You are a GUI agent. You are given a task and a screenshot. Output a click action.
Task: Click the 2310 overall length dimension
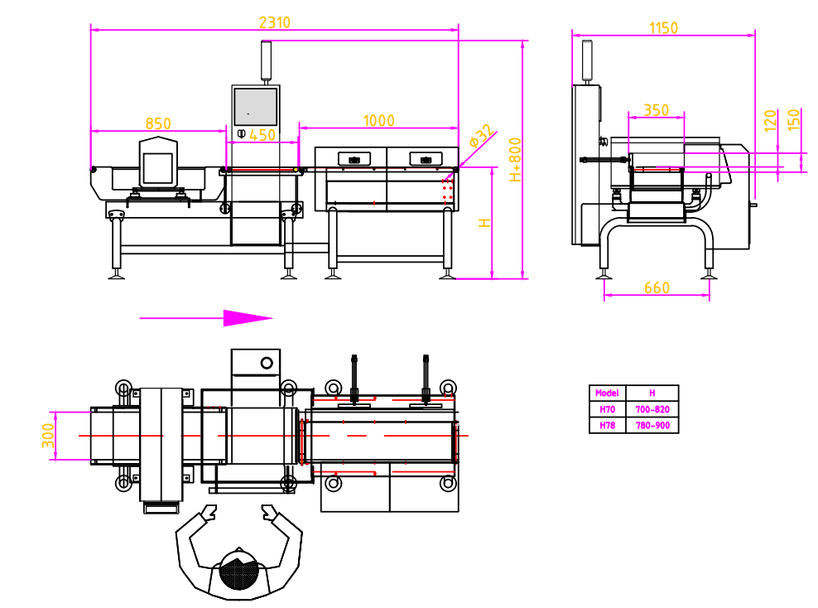[275, 22]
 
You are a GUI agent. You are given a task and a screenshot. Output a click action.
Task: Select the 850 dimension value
[158, 123]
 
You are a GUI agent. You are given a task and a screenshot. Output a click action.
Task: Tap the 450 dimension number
[262, 135]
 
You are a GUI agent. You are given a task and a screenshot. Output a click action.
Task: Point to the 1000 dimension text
[379, 121]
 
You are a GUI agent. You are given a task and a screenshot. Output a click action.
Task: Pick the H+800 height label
[515, 160]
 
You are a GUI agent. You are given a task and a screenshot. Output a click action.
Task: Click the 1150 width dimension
[663, 28]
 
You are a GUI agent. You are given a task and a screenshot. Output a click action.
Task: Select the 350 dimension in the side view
[656, 110]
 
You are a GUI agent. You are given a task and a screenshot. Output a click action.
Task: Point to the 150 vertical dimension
[793, 121]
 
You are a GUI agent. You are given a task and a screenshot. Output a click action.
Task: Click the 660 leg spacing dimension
[656, 288]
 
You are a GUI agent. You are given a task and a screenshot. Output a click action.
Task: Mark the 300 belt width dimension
[47, 435]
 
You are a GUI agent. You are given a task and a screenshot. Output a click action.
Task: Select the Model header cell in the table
[607, 393]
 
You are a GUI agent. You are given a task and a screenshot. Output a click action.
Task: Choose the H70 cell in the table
[607, 409]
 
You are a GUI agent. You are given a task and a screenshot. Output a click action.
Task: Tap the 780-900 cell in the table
[652, 426]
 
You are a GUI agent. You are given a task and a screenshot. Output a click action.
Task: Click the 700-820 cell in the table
[652, 409]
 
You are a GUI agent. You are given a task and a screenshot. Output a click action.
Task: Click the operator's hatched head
[240, 573]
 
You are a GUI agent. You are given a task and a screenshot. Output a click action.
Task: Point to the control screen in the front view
[254, 106]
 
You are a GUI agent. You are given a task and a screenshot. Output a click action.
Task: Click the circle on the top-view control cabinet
[267, 363]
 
